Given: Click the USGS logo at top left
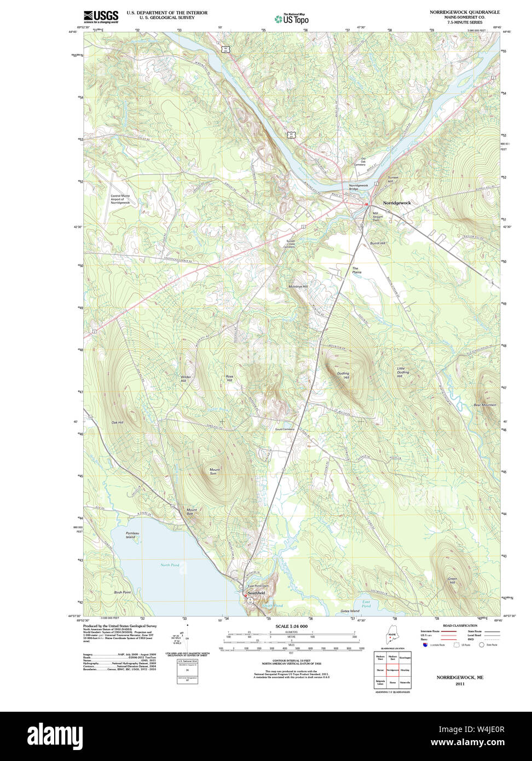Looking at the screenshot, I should pyautogui.click(x=101, y=16).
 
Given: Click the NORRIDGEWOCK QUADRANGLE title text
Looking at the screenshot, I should pyautogui.click(x=465, y=11).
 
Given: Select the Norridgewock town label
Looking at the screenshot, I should pyautogui.click(x=397, y=203).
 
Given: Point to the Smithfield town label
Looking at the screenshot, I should pyautogui.click(x=256, y=593).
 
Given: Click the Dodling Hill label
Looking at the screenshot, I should pyautogui.click(x=343, y=376).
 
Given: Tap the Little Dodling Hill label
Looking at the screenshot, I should pyautogui.click(x=403, y=372).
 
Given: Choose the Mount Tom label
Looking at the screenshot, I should pyautogui.click(x=214, y=471).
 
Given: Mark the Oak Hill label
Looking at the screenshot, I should pyautogui.click(x=117, y=423).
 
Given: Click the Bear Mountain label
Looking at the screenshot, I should pyautogui.click(x=484, y=405).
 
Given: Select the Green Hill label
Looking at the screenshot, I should pyautogui.click(x=452, y=581).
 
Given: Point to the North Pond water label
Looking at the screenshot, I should pyautogui.click(x=170, y=565).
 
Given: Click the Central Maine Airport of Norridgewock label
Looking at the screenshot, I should pyautogui.click(x=120, y=199).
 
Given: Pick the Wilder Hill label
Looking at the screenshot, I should pyautogui.click(x=186, y=378).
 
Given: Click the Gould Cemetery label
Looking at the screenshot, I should pyautogui.click(x=285, y=429).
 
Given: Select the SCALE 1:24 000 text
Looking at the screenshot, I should pyautogui.click(x=291, y=626).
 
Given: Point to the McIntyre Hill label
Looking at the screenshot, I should pyautogui.click(x=298, y=286).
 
